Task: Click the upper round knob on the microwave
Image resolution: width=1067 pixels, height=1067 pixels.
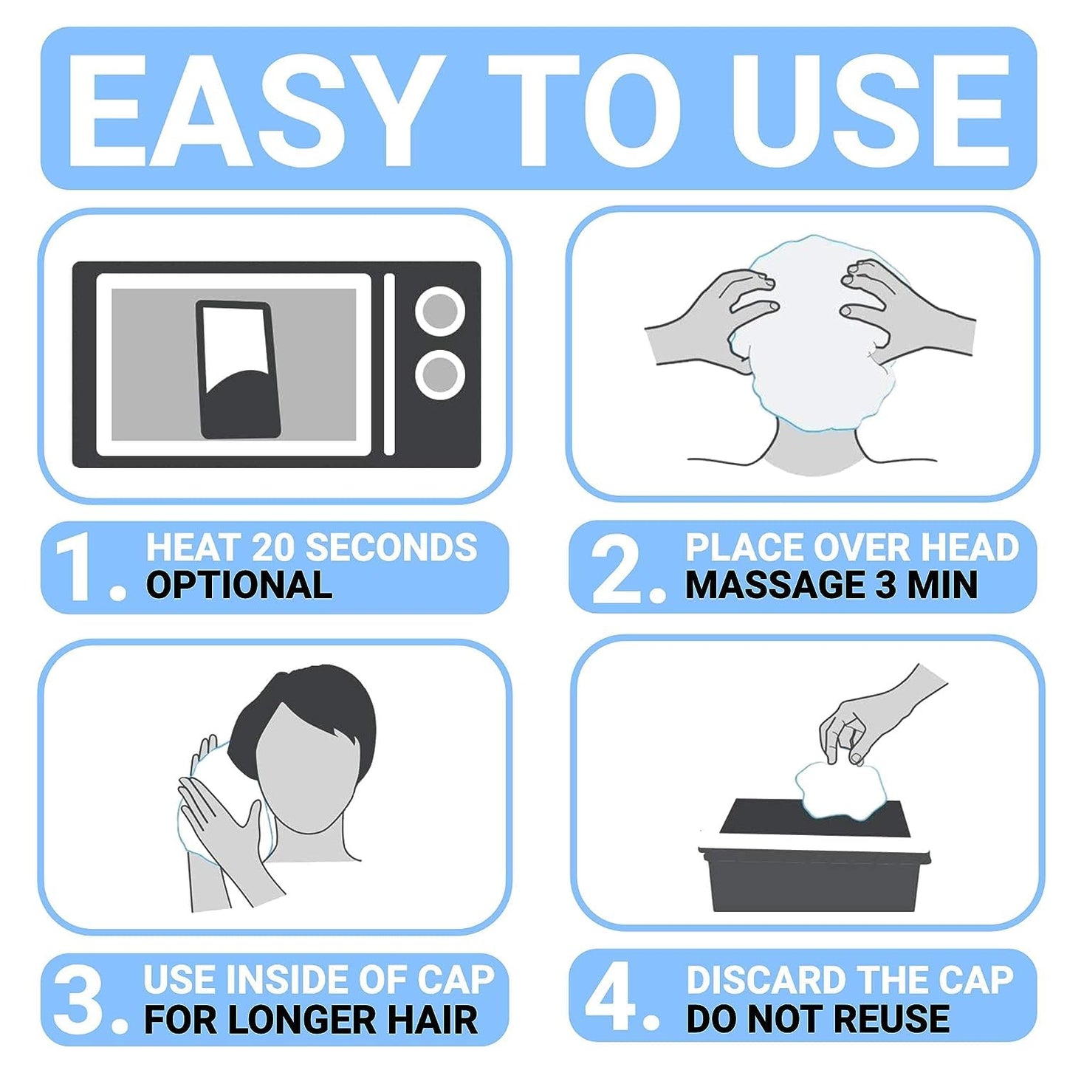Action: (x=440, y=311)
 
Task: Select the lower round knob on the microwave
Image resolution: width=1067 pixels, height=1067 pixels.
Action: (x=440, y=374)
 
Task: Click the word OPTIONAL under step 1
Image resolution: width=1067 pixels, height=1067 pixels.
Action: (x=239, y=585)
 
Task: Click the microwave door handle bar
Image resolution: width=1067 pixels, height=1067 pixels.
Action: (x=389, y=364)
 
